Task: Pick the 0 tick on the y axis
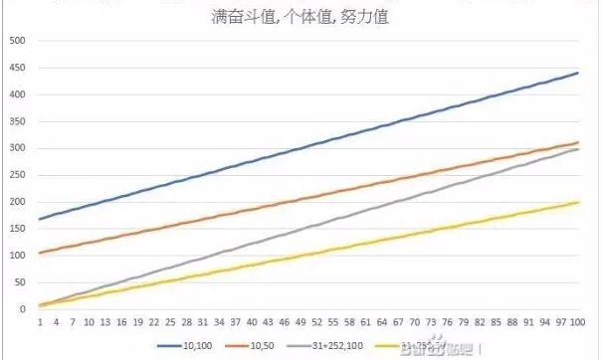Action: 20,309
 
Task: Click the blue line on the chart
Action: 308,144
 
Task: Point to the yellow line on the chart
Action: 308,254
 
